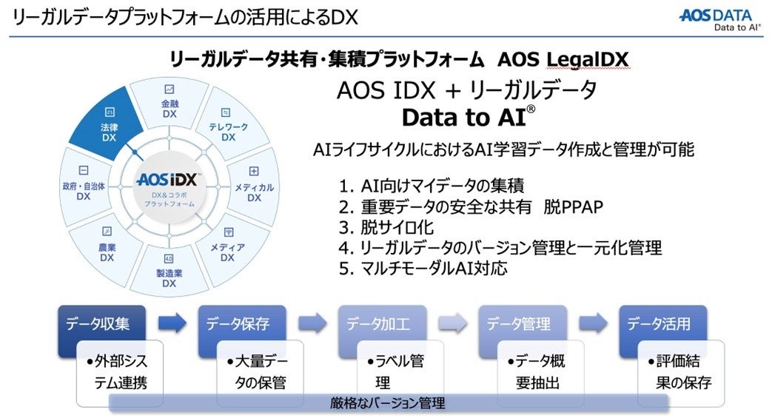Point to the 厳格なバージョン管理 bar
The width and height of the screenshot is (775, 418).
(388, 403)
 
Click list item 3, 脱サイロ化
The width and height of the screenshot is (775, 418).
(386, 226)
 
